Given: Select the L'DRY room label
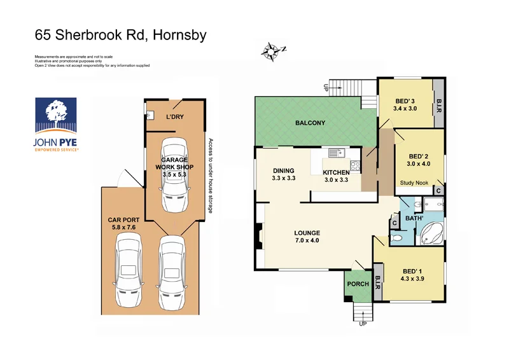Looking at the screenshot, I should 174,117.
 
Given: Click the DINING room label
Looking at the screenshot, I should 284,170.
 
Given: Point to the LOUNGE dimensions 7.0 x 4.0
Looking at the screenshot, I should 307,242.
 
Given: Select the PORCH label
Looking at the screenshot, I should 357,284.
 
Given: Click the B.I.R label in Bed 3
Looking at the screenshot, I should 438,104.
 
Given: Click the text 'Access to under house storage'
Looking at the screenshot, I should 209,176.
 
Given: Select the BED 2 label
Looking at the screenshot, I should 418,156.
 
